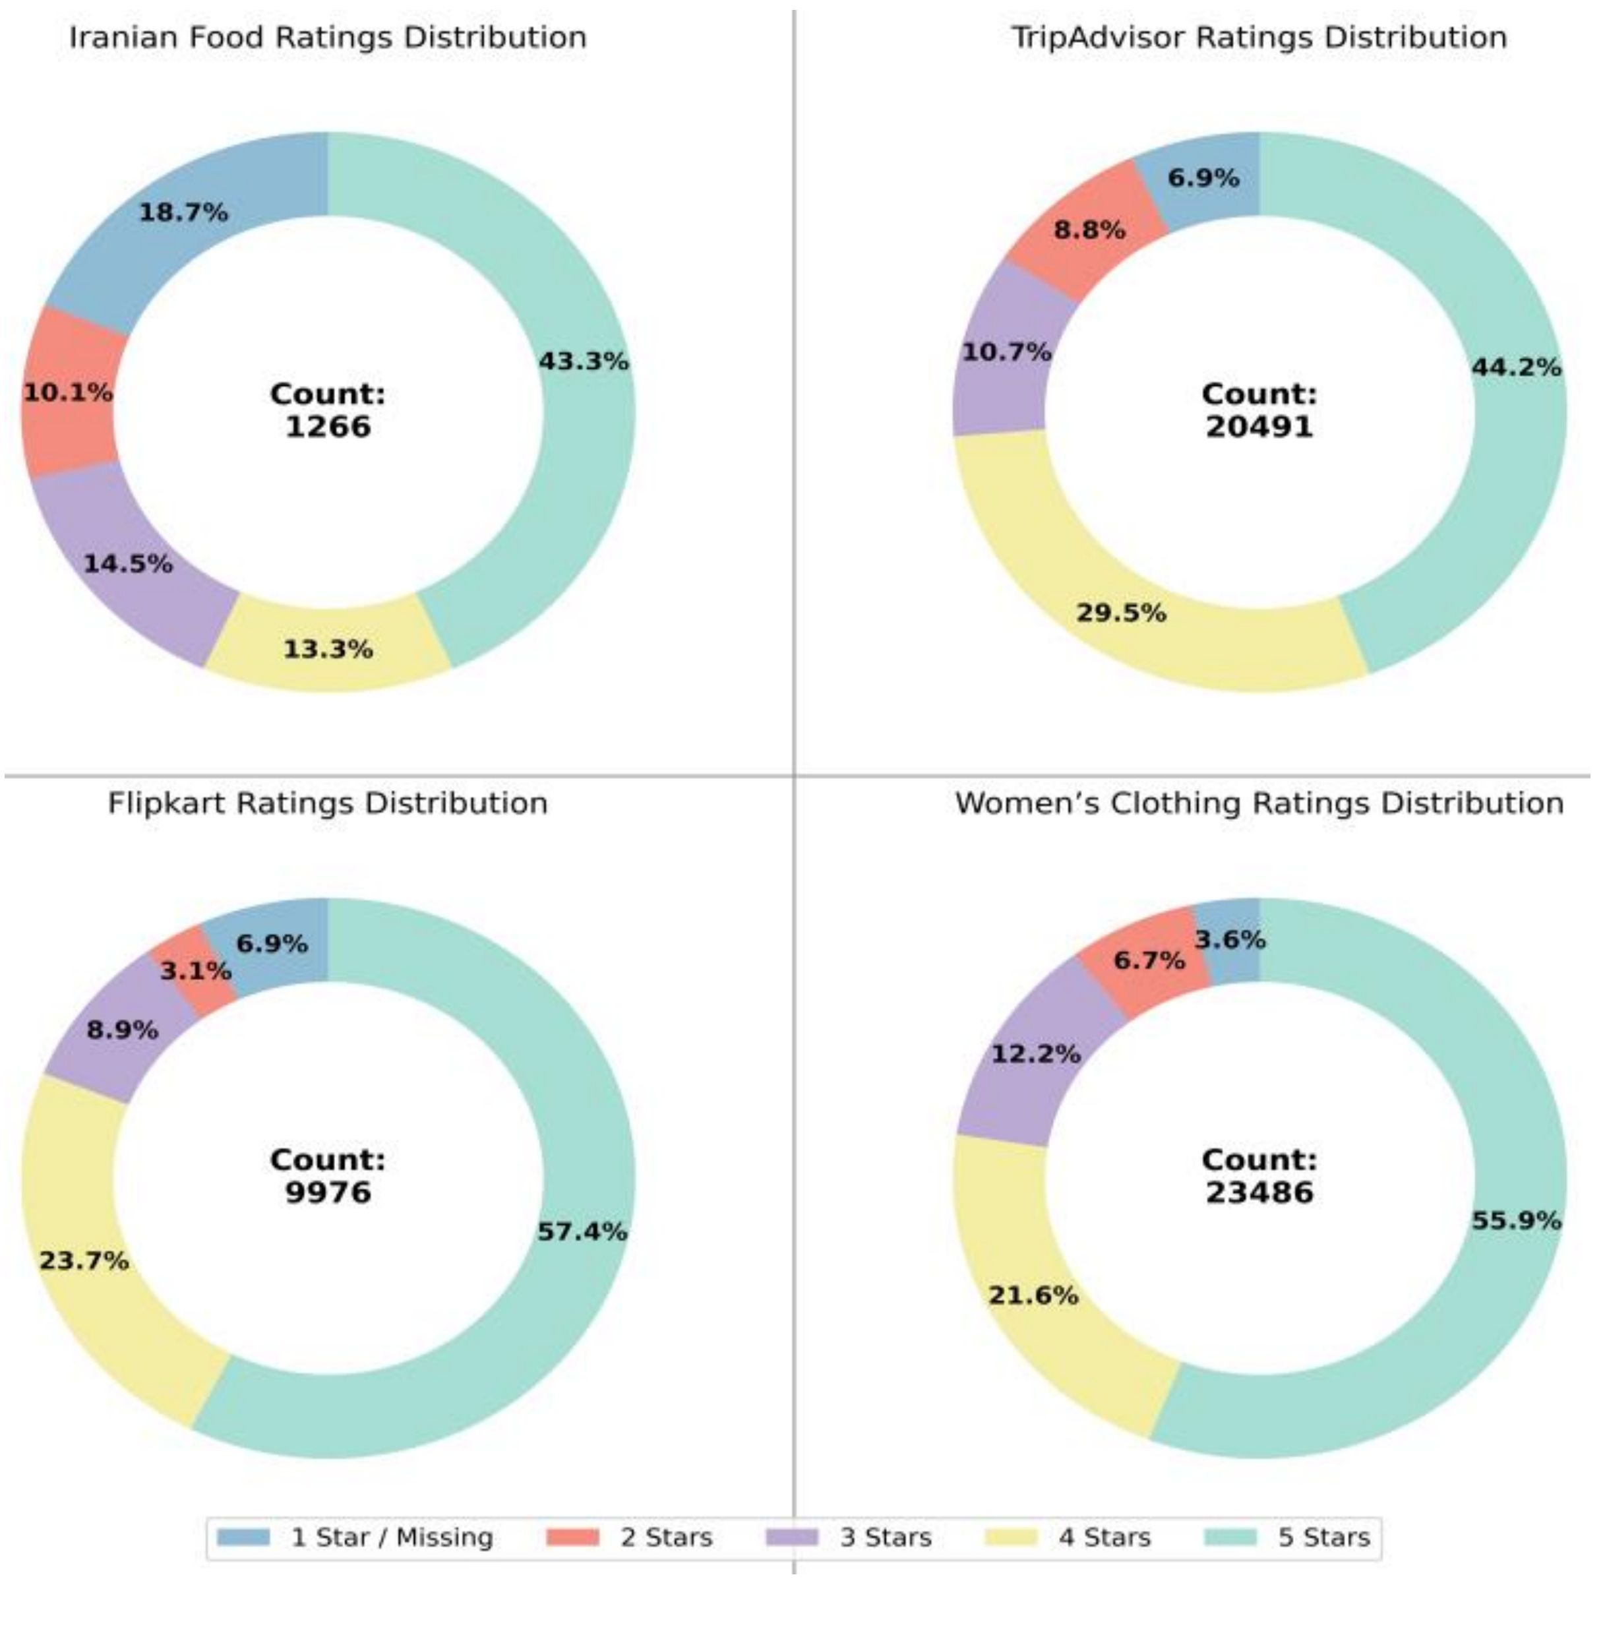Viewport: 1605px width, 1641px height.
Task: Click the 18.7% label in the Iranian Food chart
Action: coord(183,212)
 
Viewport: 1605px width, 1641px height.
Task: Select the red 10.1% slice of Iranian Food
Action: coord(67,392)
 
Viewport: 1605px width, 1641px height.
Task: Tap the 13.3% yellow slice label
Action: coord(327,649)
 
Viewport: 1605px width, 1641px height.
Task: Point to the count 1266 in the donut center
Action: coord(328,427)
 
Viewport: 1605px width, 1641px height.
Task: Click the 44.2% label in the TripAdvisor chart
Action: coord(1515,367)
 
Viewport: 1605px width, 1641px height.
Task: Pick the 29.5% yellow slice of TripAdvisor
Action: coord(1121,613)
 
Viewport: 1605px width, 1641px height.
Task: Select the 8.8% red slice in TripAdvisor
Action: coord(1089,230)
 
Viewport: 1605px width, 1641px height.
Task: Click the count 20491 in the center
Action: coord(1259,427)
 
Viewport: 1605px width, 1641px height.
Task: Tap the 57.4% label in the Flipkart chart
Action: coord(582,1232)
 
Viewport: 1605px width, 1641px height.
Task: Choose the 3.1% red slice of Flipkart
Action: coord(196,971)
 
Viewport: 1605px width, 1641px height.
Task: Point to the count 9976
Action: coord(328,1193)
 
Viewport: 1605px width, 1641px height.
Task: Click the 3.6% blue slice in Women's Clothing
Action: coord(1230,939)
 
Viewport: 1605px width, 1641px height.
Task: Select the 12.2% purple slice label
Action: coord(1035,1053)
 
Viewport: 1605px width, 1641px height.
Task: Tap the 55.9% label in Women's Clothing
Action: coord(1515,1220)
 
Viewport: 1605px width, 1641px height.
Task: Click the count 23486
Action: coord(1259,1193)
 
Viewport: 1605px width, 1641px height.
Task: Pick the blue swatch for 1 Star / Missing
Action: coord(243,1537)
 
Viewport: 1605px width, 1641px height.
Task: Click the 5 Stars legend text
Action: coord(1323,1537)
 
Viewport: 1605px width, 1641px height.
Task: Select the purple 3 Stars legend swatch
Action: coord(791,1537)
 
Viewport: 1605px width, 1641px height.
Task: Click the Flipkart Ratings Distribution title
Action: coord(328,803)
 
